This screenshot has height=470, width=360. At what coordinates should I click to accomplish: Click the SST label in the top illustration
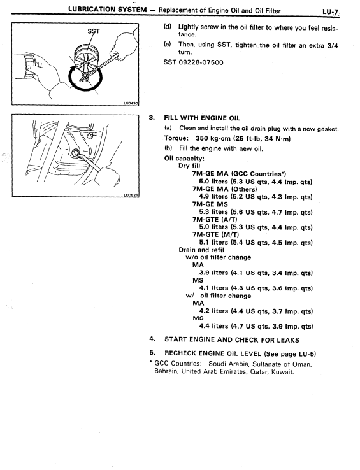tap(87, 31)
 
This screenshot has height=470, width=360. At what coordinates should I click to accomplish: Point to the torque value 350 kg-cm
tap(215, 138)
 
